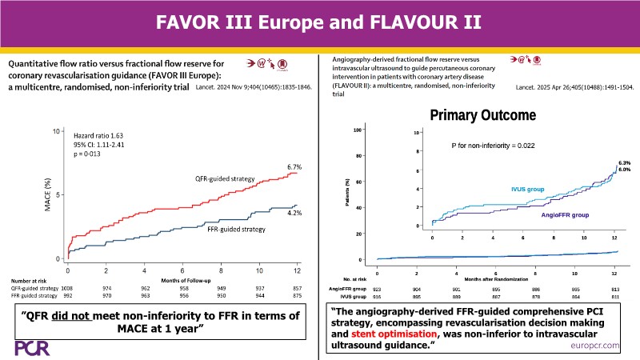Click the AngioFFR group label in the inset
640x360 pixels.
565,216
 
